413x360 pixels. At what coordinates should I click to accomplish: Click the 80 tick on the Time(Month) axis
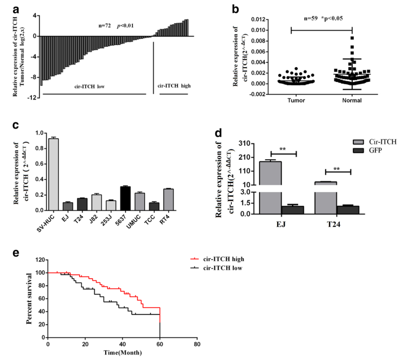tap(197, 345)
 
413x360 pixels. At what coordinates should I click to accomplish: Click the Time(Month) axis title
tap(123, 353)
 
